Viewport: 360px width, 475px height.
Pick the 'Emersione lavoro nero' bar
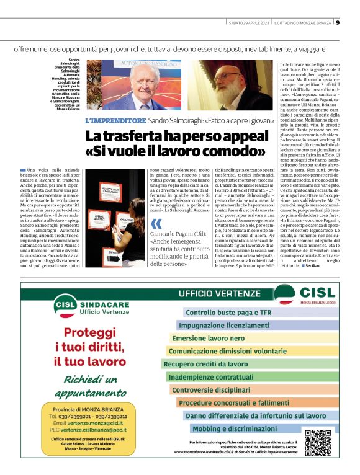pos(209,339)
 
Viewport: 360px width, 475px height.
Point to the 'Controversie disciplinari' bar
pos(210,390)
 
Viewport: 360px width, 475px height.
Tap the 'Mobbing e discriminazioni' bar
pos(233,428)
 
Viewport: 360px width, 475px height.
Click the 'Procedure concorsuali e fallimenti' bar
pos(238,402)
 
